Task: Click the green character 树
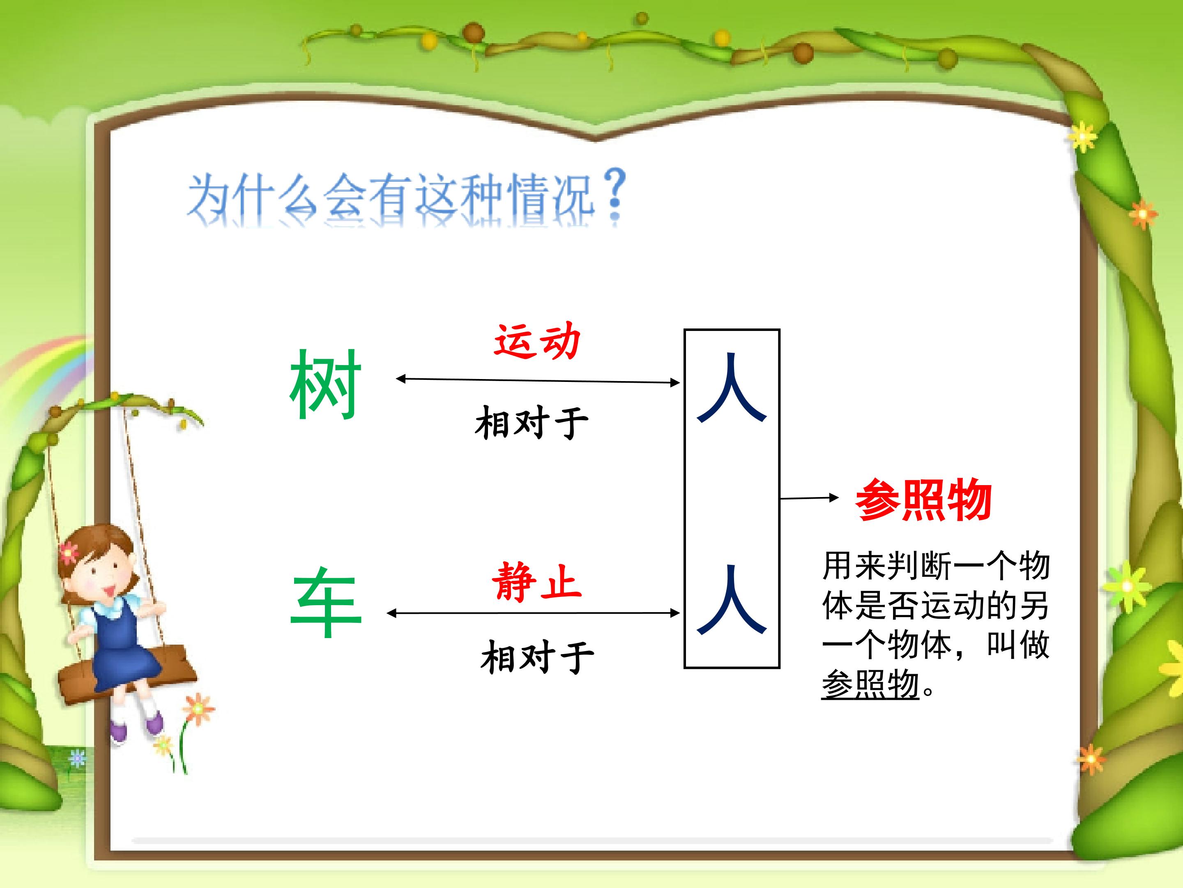click(x=326, y=384)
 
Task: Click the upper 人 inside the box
click(x=732, y=388)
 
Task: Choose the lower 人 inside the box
click(x=732, y=600)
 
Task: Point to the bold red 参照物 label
click(x=924, y=499)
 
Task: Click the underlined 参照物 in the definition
click(x=870, y=684)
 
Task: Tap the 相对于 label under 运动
click(x=532, y=422)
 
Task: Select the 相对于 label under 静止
click(x=537, y=657)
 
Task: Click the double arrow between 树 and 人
click(x=537, y=381)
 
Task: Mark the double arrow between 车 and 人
click(x=533, y=613)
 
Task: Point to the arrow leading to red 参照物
click(x=809, y=498)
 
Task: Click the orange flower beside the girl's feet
click(x=198, y=709)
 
